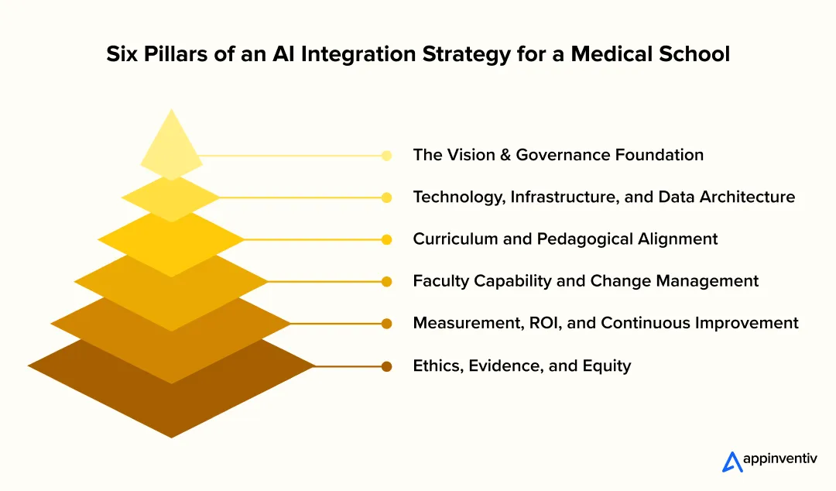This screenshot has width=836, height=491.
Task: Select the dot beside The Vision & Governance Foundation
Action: (x=386, y=156)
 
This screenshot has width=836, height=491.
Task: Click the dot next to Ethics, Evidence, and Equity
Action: (x=386, y=366)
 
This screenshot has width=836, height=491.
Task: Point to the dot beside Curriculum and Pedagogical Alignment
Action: (x=386, y=239)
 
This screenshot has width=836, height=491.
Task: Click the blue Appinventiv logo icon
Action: (x=732, y=462)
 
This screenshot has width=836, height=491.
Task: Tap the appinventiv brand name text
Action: (x=779, y=459)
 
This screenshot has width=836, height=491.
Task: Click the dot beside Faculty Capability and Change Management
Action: (x=386, y=282)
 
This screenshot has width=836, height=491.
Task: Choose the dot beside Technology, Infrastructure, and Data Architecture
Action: (x=386, y=197)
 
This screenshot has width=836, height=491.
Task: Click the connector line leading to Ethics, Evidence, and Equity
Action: (x=348, y=366)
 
